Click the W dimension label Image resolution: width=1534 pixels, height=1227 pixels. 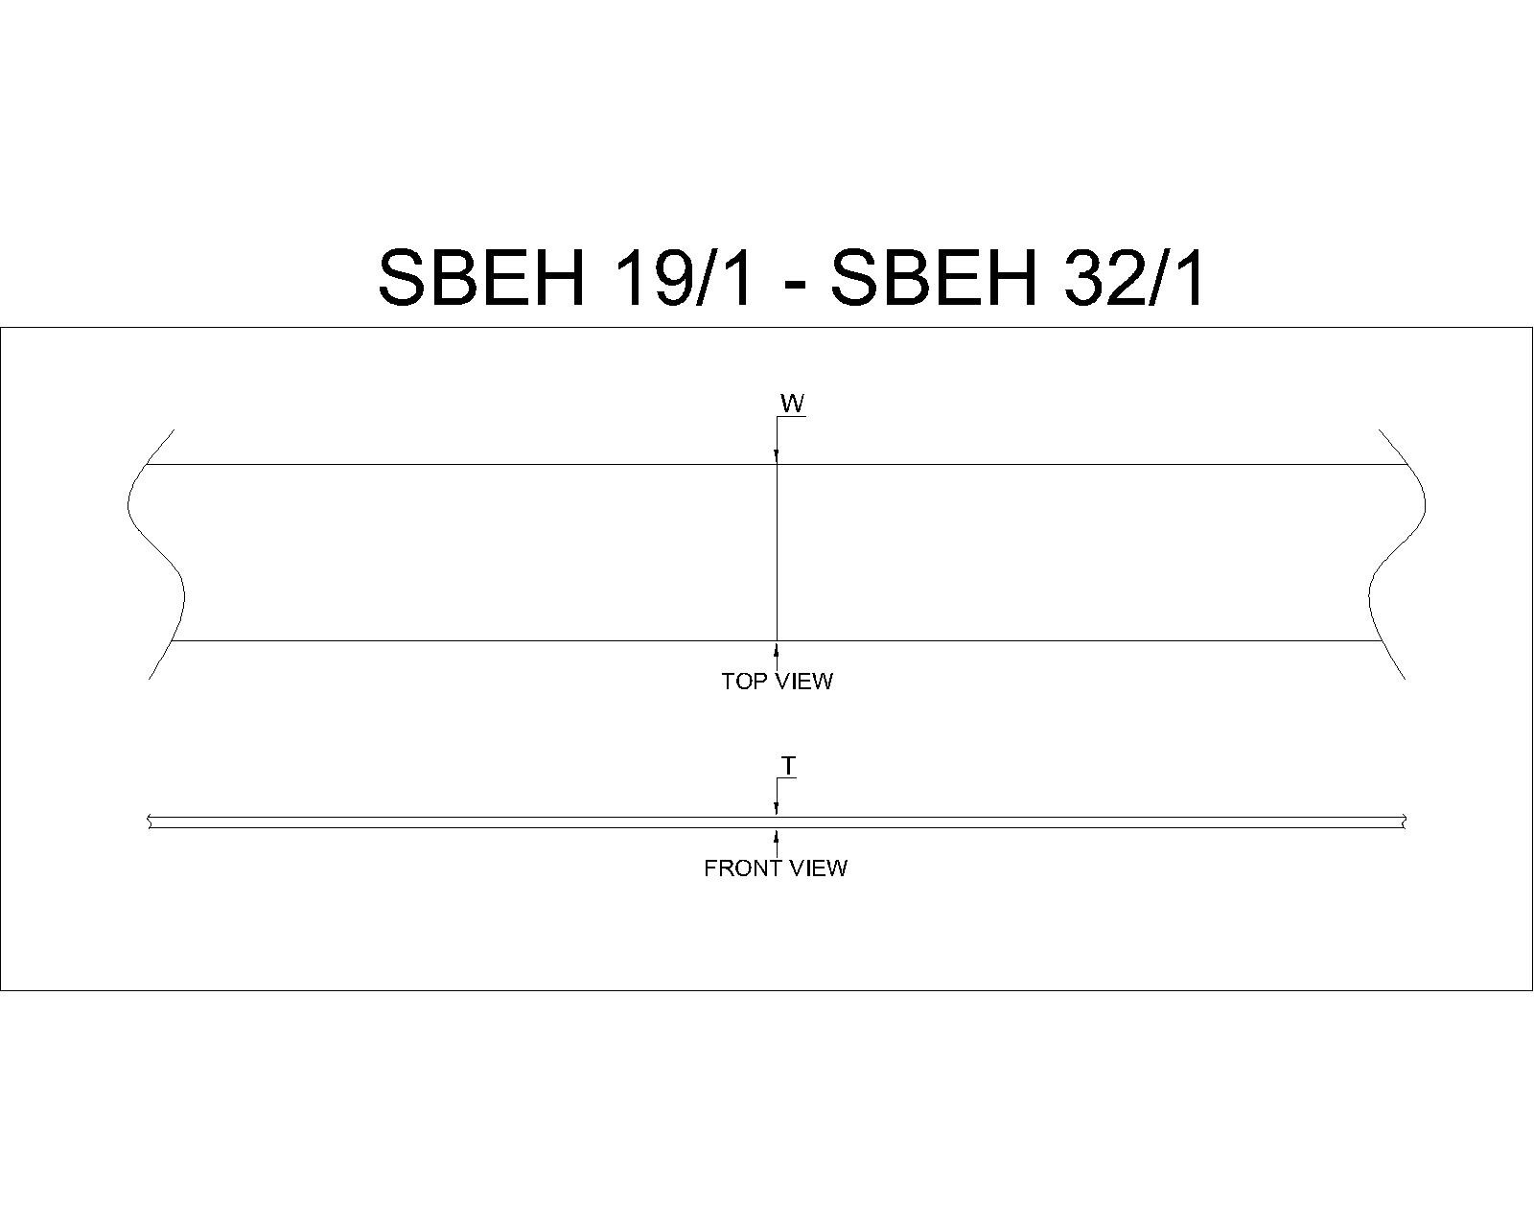pos(792,404)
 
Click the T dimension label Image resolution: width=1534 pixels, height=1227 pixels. pos(788,767)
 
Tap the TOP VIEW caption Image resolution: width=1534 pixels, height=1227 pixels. pos(777,681)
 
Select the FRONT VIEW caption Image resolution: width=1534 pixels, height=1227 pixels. pos(776,868)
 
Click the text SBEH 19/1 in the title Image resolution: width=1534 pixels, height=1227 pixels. pos(565,277)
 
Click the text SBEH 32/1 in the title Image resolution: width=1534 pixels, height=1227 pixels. pos(1017,277)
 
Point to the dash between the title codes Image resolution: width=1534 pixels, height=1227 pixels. pos(791,285)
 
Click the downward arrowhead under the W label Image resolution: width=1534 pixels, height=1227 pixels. pos(777,457)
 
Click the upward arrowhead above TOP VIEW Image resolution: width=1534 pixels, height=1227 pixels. pos(777,648)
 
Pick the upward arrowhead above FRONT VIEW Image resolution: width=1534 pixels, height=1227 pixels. pos(777,835)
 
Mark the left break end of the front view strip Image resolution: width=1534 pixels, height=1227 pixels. pos(149,822)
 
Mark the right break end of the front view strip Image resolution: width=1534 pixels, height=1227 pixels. pos(1405,822)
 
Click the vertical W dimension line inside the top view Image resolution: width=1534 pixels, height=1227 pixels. pos(777,552)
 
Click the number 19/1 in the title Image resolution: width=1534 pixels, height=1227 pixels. pos(682,277)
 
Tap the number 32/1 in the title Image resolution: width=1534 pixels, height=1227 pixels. pos(1133,277)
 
